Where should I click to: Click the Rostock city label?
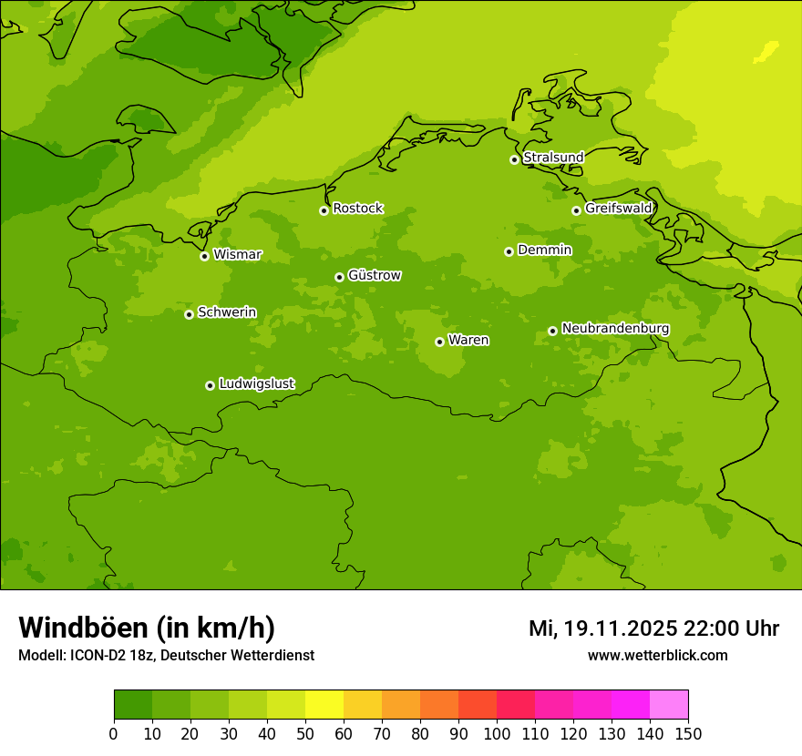point(357,209)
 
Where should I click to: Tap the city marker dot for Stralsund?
point(514,159)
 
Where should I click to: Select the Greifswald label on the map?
point(618,209)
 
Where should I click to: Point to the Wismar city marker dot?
point(204,256)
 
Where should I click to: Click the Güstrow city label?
point(375,275)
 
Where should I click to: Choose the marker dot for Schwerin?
point(189,314)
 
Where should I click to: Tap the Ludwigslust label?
point(256,383)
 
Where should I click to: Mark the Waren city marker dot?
point(439,342)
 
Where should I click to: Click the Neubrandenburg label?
point(615,328)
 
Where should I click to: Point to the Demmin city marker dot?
point(509,251)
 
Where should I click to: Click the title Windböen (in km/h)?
point(147,628)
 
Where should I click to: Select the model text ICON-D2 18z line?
point(166,656)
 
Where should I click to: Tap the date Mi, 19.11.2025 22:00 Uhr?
point(653,628)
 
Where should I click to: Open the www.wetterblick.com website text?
point(657,656)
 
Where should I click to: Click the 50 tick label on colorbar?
point(304,733)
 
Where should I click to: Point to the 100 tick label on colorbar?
point(496,733)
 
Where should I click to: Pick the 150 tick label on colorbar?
point(687,733)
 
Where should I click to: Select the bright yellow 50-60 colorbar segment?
point(324,705)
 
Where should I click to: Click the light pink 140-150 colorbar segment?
point(669,705)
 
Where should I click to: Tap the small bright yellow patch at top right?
point(766,51)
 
